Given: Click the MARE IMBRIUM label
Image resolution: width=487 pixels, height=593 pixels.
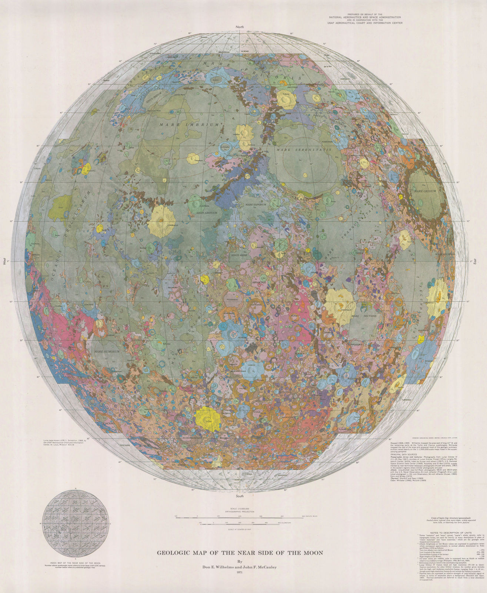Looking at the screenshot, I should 190,125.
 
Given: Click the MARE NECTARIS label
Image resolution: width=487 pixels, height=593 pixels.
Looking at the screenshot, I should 363,316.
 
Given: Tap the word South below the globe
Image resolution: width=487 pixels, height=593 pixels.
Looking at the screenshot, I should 240,496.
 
